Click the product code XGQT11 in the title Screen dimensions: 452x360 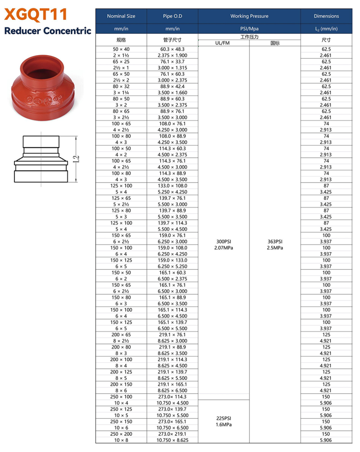[36, 15]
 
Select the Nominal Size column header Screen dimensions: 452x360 [121, 16]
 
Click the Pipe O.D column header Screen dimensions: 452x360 [172, 16]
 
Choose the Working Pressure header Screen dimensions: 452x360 [249, 16]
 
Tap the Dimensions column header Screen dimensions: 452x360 [326, 16]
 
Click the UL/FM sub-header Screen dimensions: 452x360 [223, 43]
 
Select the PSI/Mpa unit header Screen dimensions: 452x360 [249, 29]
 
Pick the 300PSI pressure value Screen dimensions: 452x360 [223, 241]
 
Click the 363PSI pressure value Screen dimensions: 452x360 [275, 241]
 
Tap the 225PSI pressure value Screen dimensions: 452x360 [223, 418]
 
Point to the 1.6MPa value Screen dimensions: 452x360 [223, 424]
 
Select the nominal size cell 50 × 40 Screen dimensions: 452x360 [121, 49]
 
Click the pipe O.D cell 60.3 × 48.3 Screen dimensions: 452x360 [172, 49]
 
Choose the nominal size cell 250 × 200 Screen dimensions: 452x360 [121, 434]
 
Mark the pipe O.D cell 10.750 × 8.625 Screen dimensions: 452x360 [172, 440]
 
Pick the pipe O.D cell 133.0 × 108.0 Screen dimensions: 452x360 [172, 186]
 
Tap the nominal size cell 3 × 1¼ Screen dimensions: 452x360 [121, 93]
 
